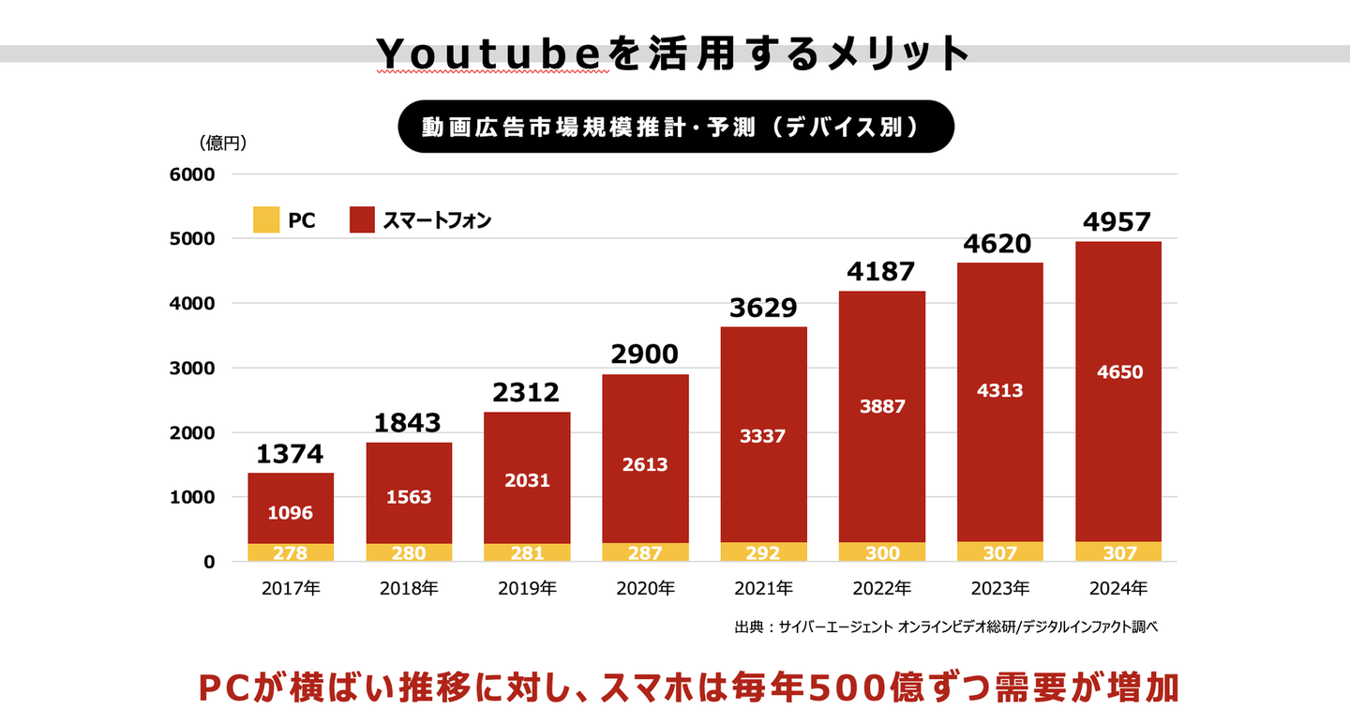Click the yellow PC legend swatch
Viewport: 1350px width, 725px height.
pos(266,220)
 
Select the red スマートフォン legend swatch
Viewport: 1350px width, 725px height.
pos(363,220)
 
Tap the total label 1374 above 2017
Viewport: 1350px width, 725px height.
pos(291,455)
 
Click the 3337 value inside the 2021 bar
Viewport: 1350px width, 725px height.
pos(763,435)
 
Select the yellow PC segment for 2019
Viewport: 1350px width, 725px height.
pos(527,552)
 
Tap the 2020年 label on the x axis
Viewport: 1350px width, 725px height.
pos(645,589)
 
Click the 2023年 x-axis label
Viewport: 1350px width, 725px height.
pos(999,589)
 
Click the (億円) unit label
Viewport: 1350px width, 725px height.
pos(222,143)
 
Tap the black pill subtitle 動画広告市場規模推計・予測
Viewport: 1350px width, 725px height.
pos(675,127)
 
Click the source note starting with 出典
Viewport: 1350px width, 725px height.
pos(946,626)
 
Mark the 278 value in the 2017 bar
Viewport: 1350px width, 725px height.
pos(291,552)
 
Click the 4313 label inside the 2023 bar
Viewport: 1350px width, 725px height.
pos(999,390)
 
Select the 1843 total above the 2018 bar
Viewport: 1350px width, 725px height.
pos(409,423)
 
